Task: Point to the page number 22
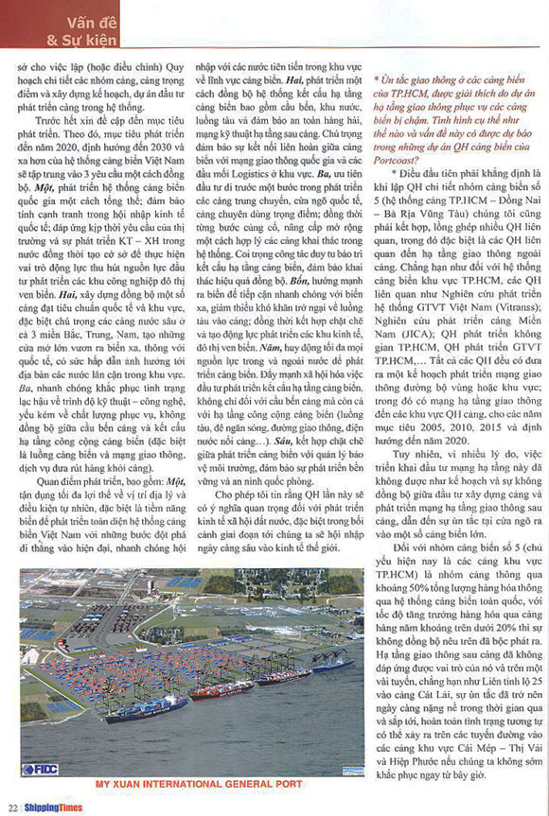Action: click(12, 807)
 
